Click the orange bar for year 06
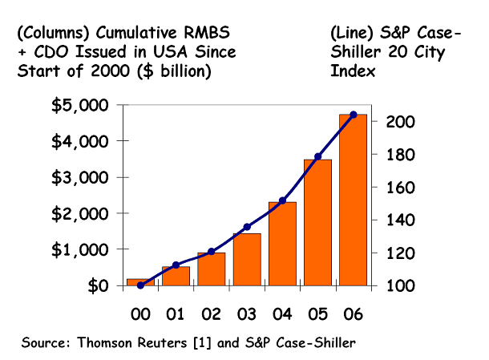[x=353, y=200]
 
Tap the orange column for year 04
[x=282, y=244]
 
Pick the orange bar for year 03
[x=247, y=260]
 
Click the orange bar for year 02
[x=212, y=269]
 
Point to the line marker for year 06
[x=354, y=115]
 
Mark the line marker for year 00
[x=141, y=285]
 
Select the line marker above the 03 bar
[x=247, y=227]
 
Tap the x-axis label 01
[x=176, y=312]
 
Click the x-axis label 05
[x=317, y=312]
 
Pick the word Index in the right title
[x=350, y=70]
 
